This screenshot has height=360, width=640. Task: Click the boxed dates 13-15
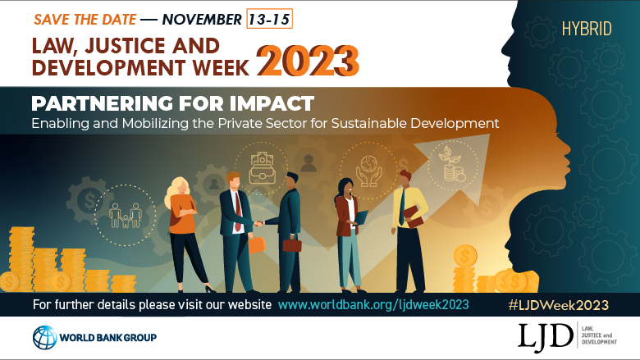tap(269, 18)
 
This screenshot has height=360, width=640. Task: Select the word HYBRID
tap(587, 30)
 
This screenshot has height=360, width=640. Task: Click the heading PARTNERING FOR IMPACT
tap(172, 104)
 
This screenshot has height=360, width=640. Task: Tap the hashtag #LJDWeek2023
tap(558, 304)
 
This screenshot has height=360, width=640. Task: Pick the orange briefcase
tap(257, 244)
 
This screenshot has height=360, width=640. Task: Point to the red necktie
tap(237, 215)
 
